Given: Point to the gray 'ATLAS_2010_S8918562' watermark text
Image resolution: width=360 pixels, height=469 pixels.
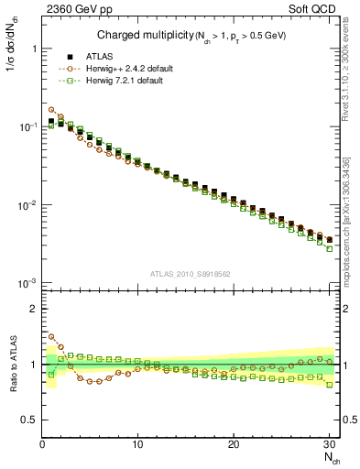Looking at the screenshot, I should pos(190,273).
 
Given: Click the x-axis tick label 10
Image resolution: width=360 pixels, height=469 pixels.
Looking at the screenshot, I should pos(137,444).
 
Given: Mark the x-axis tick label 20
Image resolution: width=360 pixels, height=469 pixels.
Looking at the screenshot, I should pos(234,444).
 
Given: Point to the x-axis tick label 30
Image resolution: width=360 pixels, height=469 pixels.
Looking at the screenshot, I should pos(329,444).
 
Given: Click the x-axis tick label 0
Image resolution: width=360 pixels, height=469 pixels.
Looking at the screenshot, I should pos(42,444).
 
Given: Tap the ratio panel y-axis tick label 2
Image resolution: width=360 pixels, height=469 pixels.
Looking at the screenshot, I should pos(31,309).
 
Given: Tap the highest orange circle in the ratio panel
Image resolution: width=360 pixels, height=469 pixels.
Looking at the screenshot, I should pos(51,337).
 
